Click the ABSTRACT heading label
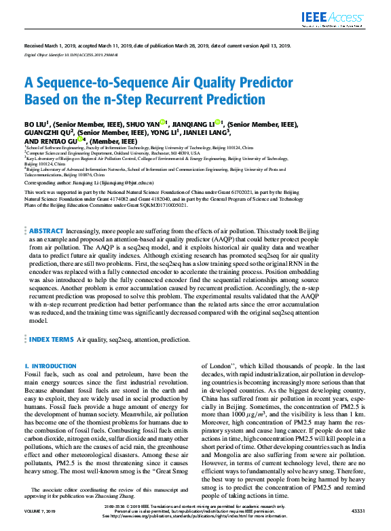click(47, 231)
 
